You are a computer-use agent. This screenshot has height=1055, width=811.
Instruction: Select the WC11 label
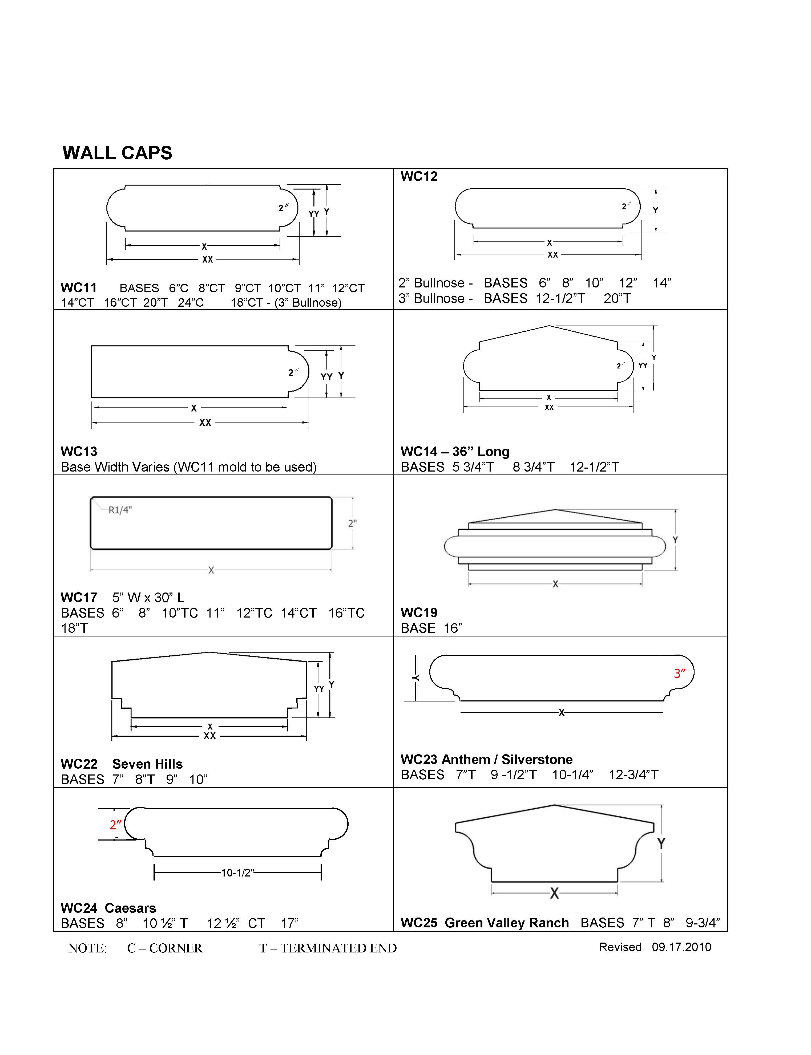point(79,288)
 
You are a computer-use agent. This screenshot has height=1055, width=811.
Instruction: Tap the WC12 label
point(419,177)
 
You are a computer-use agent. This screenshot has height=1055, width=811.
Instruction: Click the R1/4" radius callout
point(120,510)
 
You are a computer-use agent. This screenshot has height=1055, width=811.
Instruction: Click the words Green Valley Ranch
point(506,923)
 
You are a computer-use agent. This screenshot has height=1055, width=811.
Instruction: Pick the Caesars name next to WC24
point(130,908)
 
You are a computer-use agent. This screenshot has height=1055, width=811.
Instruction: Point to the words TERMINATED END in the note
point(338,948)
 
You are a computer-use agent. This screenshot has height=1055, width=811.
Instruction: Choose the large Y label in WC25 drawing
point(661,844)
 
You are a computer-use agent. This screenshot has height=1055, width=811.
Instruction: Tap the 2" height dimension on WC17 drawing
point(352,523)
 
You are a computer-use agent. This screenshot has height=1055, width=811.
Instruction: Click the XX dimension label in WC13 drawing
point(205,423)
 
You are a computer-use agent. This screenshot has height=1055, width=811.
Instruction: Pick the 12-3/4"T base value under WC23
point(633,775)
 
